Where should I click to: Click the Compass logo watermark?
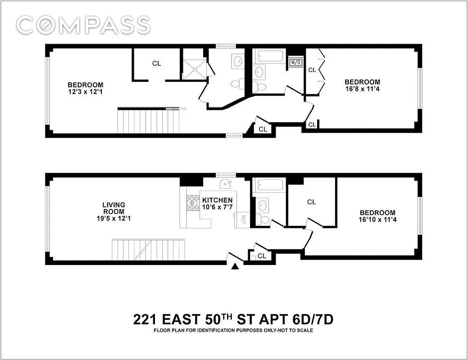tap(83, 25)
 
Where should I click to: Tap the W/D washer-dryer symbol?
tap(295, 62)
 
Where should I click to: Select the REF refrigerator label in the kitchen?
tap(242, 220)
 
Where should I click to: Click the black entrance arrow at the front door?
tap(235, 267)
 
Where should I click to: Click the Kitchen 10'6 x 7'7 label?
tap(217, 203)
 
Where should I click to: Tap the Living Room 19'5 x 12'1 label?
tap(113, 211)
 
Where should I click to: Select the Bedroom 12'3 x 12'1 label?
tap(85, 88)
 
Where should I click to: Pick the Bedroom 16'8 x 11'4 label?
tap(362, 85)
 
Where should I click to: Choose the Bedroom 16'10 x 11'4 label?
tap(377, 216)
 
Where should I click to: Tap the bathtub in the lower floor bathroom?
tap(268, 185)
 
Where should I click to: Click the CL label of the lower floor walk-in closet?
tap(311, 202)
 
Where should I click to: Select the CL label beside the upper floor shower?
tap(156, 63)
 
